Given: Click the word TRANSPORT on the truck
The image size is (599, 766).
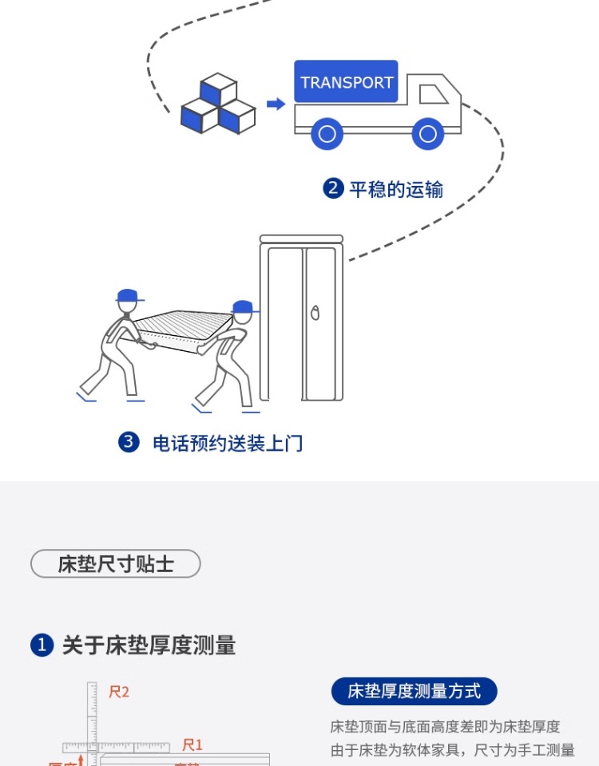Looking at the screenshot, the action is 346,82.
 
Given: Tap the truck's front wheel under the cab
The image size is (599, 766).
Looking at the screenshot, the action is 428,133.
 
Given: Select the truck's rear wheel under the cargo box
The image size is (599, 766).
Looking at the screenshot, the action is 327,133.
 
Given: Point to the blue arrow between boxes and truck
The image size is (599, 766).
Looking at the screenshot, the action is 276,105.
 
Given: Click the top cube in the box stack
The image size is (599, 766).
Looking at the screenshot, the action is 218,89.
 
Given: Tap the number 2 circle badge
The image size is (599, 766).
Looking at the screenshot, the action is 333,189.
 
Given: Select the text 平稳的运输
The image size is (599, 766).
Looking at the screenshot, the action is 396,189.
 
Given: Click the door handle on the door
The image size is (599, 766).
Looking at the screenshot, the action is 315,312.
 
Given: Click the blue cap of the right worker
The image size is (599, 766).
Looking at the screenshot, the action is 242,307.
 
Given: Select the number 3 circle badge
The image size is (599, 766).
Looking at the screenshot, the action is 129,442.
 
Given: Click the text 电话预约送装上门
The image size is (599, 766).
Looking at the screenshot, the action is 228,443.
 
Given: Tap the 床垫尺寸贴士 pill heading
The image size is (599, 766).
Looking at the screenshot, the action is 116,564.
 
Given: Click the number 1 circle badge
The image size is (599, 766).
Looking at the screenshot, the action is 42,646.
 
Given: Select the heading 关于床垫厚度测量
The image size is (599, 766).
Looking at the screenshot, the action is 149,646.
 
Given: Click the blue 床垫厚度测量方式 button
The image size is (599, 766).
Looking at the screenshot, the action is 414,691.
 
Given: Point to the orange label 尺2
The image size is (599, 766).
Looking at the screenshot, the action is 119,692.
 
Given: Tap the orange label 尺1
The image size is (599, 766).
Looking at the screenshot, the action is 192,744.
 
